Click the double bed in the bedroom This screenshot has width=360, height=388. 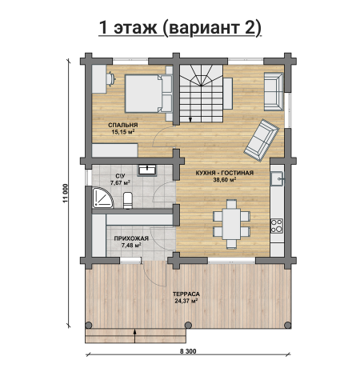[148, 94]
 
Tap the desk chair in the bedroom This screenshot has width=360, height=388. [110, 78]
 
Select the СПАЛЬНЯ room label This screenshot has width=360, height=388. [123, 125]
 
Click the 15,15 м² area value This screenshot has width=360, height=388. [123, 132]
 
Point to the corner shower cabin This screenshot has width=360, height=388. [102, 198]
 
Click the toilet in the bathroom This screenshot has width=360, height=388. [128, 200]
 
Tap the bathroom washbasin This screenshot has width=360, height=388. [147, 170]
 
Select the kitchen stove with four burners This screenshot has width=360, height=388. [277, 226]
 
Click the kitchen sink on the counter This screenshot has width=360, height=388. [277, 178]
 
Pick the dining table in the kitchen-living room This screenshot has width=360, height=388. [231, 224]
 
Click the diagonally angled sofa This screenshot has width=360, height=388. [262, 140]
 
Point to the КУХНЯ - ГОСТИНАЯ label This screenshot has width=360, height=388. [225, 173]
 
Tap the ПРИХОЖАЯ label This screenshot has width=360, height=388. [131, 238]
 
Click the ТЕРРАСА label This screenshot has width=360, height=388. [186, 294]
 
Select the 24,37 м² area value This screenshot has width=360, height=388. [186, 301]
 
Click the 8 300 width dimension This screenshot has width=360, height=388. [188, 351]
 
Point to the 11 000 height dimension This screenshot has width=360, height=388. [66, 194]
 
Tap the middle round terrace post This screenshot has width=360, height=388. [188, 325]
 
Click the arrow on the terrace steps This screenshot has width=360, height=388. [134, 336]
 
